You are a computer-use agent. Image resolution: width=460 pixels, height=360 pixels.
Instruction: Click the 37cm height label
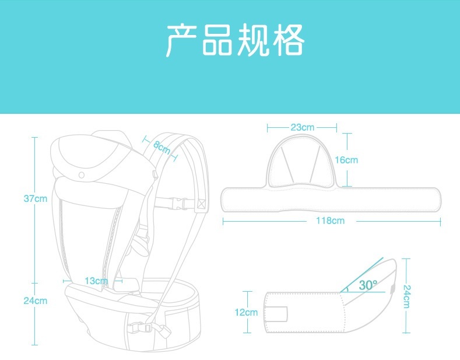tap(35, 198)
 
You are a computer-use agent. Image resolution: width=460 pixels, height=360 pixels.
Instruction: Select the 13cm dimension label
tap(96, 281)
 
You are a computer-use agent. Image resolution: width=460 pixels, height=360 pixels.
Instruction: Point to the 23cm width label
tap(302, 127)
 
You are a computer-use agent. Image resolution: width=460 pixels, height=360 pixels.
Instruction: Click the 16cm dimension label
tap(347, 160)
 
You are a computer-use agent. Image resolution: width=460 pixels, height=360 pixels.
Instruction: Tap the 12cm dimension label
tap(246, 312)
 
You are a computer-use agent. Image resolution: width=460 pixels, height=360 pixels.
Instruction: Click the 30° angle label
tap(368, 285)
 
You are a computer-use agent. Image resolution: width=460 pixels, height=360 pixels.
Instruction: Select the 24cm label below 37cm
tap(35, 301)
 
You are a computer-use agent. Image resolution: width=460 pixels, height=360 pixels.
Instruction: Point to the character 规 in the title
tap(252, 40)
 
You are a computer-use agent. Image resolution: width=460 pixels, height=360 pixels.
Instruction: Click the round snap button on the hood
tap(82, 174)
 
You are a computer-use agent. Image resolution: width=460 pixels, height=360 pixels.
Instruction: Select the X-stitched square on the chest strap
tap(202, 204)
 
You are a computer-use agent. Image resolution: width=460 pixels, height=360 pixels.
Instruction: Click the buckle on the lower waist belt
tap(140, 327)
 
